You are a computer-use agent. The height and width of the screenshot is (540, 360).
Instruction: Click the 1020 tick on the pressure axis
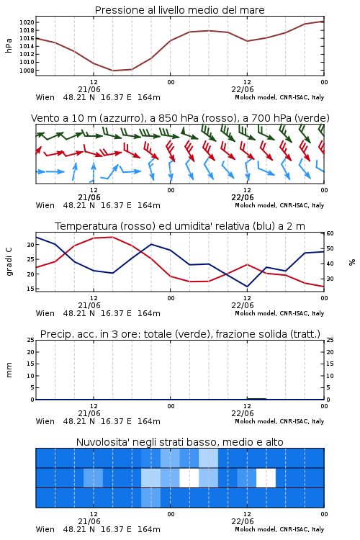(x=27, y=22)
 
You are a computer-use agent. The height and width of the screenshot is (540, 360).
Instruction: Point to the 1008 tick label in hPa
(x=27, y=71)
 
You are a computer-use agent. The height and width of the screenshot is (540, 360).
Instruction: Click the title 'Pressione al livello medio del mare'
(x=180, y=10)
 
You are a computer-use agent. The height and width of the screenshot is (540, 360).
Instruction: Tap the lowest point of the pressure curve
(x=112, y=71)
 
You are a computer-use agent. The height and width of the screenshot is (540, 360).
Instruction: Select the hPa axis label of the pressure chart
(x=9, y=45)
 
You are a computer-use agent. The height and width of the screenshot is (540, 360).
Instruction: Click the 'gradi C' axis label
(x=9, y=261)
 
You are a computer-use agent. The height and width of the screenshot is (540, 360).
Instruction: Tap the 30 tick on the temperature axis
(x=31, y=245)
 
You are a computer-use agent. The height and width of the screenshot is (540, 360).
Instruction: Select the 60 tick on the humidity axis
(x=330, y=233)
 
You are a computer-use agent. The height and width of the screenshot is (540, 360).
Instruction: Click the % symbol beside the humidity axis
(x=352, y=262)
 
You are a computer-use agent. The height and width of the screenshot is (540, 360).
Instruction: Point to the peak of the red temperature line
(x=112, y=237)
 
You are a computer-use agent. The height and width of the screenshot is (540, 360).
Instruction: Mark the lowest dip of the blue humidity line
(x=247, y=287)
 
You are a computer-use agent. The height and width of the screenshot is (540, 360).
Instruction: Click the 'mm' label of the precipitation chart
(x=9, y=370)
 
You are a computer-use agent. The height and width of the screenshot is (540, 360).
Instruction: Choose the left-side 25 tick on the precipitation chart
(x=31, y=340)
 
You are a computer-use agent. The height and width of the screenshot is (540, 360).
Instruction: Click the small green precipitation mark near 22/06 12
(x=256, y=399)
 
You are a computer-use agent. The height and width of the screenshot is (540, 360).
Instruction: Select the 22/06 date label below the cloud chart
(x=243, y=521)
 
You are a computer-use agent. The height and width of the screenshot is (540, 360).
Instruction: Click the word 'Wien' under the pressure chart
(x=45, y=97)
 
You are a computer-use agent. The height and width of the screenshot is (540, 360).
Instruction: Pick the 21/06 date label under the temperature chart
(x=89, y=305)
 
